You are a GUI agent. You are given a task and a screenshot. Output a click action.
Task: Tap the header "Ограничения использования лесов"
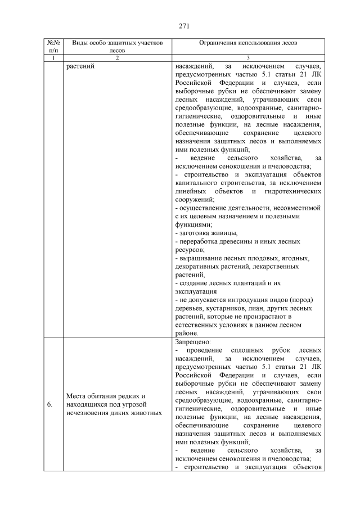248,43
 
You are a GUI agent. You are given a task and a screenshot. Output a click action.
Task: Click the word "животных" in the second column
147,413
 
